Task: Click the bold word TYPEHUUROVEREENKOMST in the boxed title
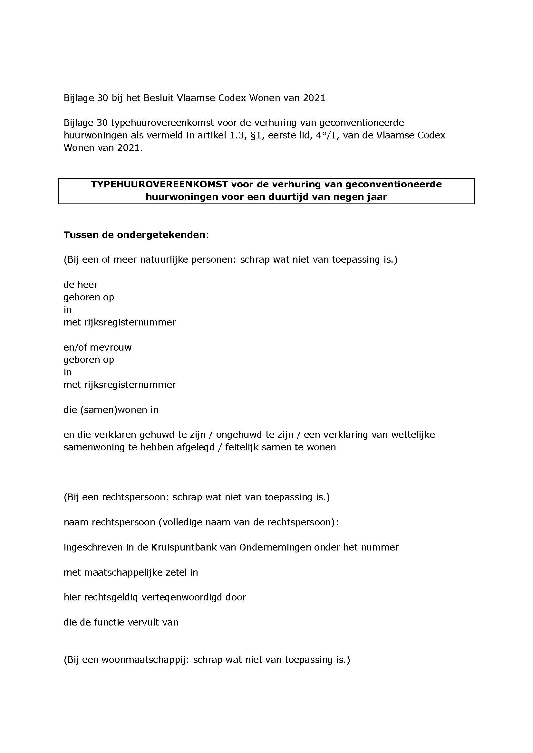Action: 160,184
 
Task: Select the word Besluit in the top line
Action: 159,98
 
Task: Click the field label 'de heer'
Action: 81,284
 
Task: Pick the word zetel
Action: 176,572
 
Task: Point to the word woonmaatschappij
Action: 145,660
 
